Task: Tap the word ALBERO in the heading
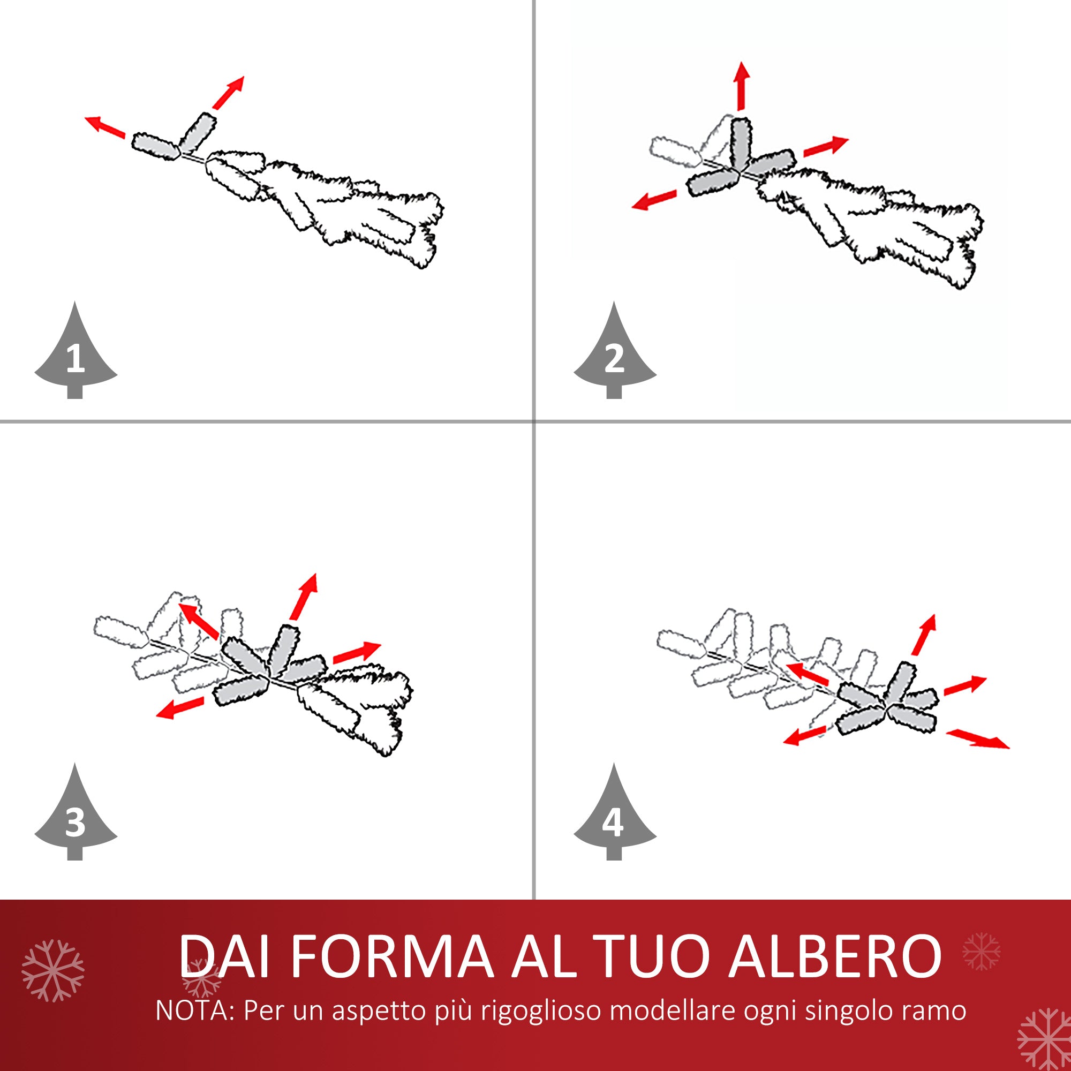[835, 957]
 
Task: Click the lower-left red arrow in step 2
[655, 200]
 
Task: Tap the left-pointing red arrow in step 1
[105, 127]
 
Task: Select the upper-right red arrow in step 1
[229, 93]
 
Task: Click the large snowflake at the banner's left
[53, 971]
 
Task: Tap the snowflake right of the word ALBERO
[982, 951]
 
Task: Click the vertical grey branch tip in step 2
[741, 144]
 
